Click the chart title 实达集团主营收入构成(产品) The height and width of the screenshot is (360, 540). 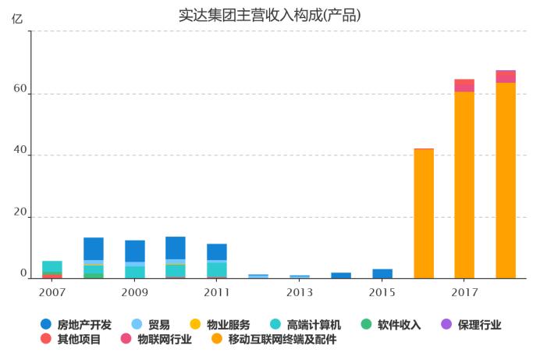pyautogui.click(x=270, y=15)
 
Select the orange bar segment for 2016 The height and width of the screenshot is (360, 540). pyautogui.click(x=424, y=213)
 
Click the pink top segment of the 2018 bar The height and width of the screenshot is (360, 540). pyautogui.click(x=506, y=77)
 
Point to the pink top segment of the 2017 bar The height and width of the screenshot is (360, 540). pyautogui.click(x=464, y=86)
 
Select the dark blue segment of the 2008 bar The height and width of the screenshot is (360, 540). pyautogui.click(x=94, y=248)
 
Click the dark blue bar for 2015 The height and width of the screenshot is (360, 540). pyautogui.click(x=382, y=273)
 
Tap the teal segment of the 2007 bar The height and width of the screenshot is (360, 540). pyautogui.click(x=52, y=266)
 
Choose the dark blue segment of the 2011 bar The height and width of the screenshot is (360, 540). pyautogui.click(x=217, y=251)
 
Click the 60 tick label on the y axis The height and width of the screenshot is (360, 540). pyautogui.click(x=20, y=94)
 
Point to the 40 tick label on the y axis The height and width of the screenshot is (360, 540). pyautogui.click(x=20, y=155)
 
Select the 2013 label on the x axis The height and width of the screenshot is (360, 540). pyautogui.click(x=300, y=292)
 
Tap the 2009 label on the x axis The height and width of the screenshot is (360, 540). pyautogui.click(x=135, y=292)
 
